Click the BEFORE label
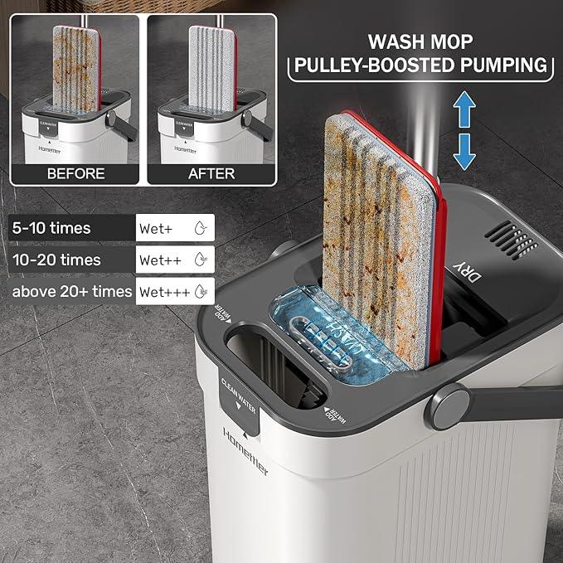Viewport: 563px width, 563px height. (x=75, y=173)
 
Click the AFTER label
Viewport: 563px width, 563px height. (x=211, y=173)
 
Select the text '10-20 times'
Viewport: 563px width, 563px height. (x=57, y=260)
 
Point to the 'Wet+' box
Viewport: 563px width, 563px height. (x=174, y=227)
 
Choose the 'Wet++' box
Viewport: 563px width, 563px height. (x=174, y=260)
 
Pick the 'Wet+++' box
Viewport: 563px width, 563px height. (x=174, y=291)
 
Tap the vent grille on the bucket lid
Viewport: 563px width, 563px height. (x=510, y=239)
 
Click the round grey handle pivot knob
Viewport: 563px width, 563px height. (x=445, y=406)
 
